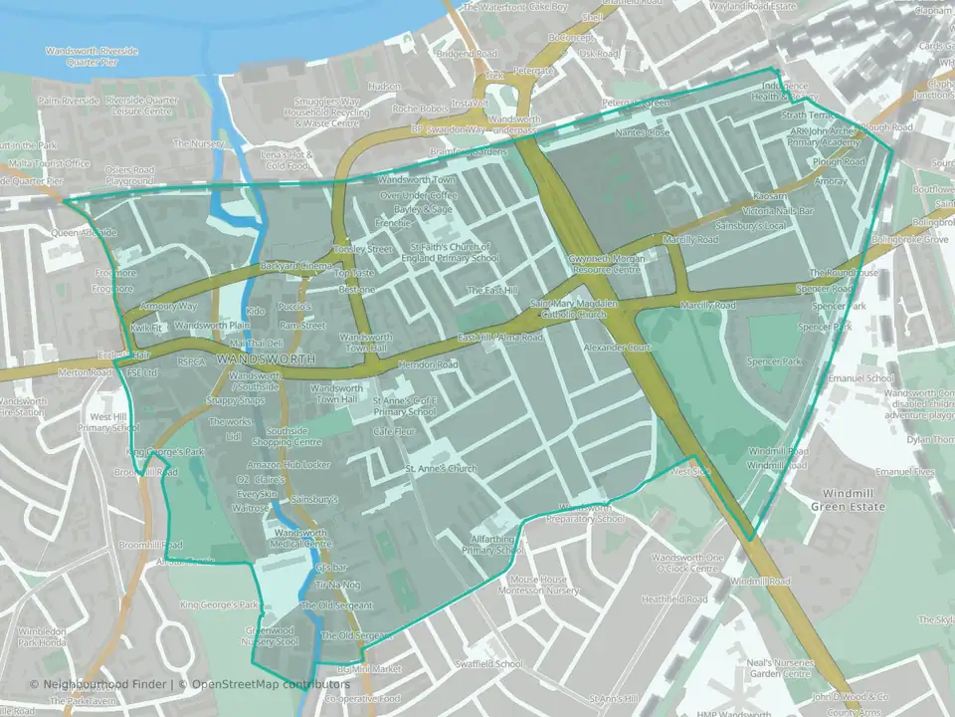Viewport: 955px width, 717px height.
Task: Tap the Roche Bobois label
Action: click(x=422, y=110)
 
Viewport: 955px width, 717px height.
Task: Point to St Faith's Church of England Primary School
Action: click(x=449, y=252)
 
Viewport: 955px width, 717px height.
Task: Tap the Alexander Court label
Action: click(x=617, y=348)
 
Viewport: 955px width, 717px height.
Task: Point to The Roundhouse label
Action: click(x=844, y=273)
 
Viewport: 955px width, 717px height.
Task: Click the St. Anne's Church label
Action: click(x=441, y=468)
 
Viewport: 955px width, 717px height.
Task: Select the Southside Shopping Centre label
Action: click(x=286, y=436)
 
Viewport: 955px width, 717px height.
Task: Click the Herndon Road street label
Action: click(x=428, y=365)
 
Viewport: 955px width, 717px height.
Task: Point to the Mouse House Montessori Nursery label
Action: click(x=538, y=586)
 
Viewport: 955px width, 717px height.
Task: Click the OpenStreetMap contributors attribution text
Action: click(x=271, y=684)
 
